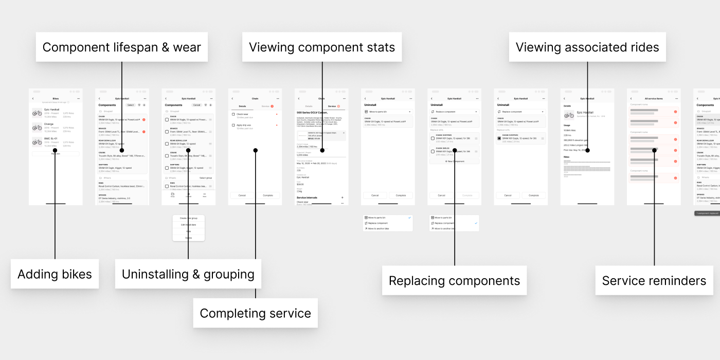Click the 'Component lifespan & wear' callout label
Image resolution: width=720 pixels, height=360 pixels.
point(121,47)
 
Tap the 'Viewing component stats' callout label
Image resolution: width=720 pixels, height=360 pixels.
point(322,47)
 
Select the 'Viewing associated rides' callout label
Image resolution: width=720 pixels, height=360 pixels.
point(587,47)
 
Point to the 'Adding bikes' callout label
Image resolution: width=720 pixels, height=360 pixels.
point(55,274)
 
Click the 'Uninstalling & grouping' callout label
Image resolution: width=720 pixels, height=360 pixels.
point(188,274)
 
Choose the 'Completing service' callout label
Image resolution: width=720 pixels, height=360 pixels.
point(255,313)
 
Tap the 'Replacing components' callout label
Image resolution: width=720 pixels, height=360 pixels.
point(454,281)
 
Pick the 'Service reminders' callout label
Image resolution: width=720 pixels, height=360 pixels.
point(654,280)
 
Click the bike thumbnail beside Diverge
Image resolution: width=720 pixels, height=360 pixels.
point(37,128)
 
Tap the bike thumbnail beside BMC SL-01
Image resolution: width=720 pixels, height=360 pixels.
point(37,142)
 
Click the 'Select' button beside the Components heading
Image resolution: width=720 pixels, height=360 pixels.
point(131,105)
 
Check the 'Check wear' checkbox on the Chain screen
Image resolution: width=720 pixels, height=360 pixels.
point(233,114)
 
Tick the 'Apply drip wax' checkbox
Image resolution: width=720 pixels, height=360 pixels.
point(233,125)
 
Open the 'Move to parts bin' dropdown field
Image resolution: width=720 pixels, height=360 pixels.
point(388,112)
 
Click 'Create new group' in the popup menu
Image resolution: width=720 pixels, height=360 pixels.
point(188,218)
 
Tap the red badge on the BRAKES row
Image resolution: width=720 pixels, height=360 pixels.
point(143,132)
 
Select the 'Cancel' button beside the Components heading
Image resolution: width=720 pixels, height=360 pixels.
point(196,105)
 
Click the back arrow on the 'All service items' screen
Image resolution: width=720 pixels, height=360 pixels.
point(631,98)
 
